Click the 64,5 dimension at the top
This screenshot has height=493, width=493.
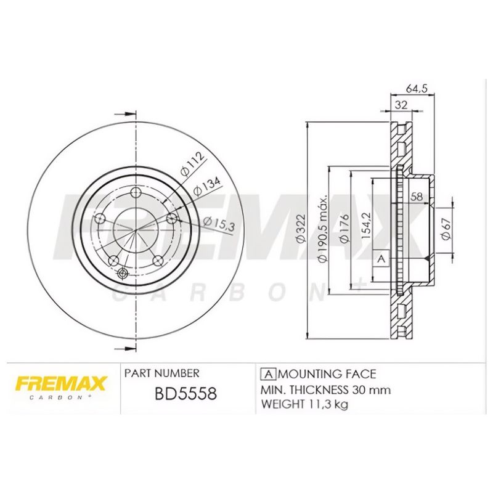pos(417,88)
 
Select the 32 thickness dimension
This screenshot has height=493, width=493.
pos(401,105)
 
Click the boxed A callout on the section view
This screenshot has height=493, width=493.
pos(381,259)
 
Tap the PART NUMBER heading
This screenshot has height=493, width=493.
pos(161,373)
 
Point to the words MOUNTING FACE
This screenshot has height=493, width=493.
pos(327,374)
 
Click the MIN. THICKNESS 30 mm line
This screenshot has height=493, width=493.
pos(326,390)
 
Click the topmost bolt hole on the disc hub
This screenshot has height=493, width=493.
pos(136,192)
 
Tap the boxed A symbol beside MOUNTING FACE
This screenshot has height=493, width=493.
pos(268,374)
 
